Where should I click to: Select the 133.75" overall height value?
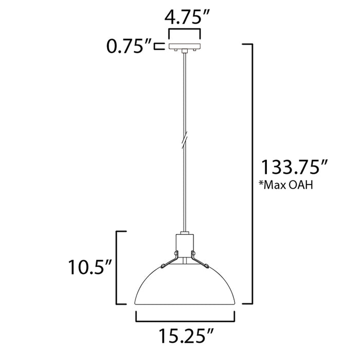[295, 168]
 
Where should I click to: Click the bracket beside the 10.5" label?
[120, 267]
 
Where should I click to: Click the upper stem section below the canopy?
[183, 93]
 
